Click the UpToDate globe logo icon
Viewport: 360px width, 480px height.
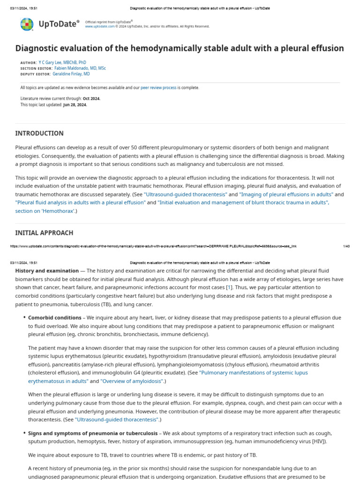(27, 24)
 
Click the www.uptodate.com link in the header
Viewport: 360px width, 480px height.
(99, 26)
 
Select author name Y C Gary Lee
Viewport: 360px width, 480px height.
(62, 62)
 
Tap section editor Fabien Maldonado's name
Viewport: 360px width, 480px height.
(77, 68)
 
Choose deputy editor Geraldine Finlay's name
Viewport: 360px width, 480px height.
(71, 74)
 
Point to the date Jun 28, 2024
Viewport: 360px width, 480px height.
(75, 105)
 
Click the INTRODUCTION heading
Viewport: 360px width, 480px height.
(39, 134)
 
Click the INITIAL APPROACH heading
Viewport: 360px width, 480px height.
(44, 233)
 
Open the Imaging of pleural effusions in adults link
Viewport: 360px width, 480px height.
(286, 194)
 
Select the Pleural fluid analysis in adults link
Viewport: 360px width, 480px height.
(81, 202)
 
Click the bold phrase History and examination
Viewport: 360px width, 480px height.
(47, 271)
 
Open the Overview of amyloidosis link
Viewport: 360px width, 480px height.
(132, 381)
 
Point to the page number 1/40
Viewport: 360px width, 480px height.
(346, 246)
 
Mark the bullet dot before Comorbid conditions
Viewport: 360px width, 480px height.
(24, 318)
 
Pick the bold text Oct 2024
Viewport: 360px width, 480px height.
(91, 98)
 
